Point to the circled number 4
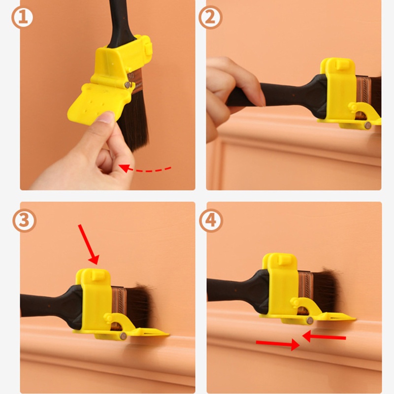[x=210, y=221]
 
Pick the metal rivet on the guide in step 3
[x=123, y=336]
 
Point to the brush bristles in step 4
[x=328, y=291]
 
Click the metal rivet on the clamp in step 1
[x=128, y=85]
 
